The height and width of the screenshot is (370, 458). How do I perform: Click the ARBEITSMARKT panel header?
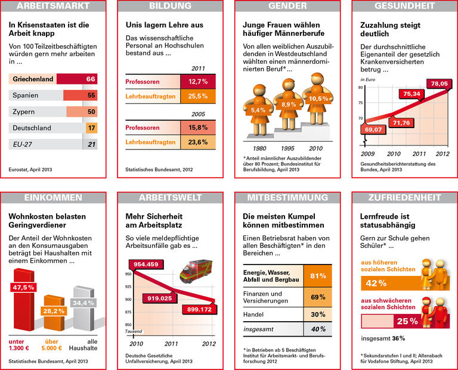[53, 7]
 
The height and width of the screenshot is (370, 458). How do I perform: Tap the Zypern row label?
[24, 111]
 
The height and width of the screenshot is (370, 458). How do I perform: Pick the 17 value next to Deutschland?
[91, 128]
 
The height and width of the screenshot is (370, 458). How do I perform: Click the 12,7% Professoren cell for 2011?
[197, 81]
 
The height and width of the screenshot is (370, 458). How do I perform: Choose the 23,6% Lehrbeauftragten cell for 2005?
[197, 142]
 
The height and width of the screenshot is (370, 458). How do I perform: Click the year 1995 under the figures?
[288, 148]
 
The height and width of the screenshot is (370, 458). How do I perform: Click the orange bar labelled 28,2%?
[52, 311]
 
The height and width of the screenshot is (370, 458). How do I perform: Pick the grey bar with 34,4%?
[82, 304]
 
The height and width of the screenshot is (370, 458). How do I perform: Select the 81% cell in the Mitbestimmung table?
[317, 276]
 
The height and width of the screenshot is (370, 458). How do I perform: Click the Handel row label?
[255, 314]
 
